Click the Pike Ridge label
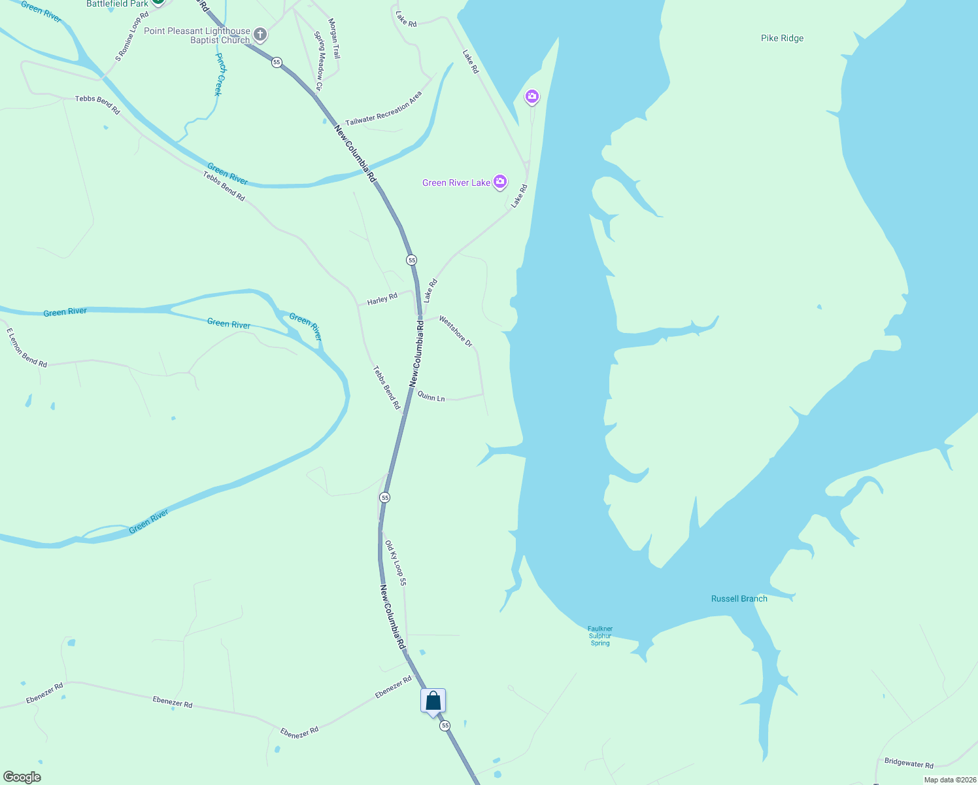click(782, 39)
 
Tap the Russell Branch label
click(739, 599)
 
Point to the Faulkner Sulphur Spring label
click(600, 636)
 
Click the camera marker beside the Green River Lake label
click(500, 182)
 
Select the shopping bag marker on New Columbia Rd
click(433, 702)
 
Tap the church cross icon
click(260, 34)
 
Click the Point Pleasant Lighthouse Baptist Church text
click(197, 35)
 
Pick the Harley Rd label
click(382, 300)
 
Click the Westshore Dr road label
click(456, 331)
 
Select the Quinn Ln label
click(431, 397)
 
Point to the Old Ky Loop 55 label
click(396, 563)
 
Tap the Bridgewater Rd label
click(909, 763)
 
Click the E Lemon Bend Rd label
click(27, 348)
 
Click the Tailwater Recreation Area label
click(384, 109)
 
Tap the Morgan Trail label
click(334, 39)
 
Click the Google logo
click(22, 777)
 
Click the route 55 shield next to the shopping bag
click(445, 725)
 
